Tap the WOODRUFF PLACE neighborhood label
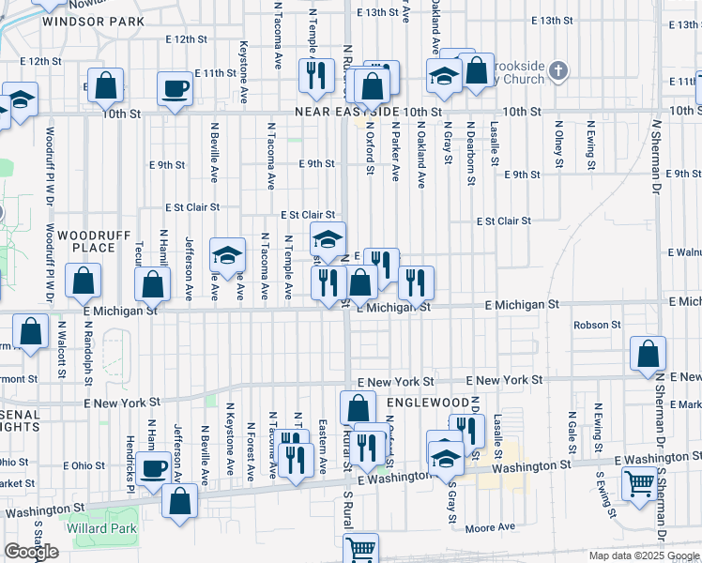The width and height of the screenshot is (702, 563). click(85, 240)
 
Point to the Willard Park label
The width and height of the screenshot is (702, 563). click(101, 528)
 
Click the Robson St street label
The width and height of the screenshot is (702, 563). click(597, 325)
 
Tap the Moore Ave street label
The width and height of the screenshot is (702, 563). click(490, 528)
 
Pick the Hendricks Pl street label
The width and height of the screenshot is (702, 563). click(130, 464)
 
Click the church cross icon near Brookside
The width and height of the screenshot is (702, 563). click(558, 70)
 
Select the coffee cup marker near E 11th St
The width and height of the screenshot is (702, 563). click(175, 88)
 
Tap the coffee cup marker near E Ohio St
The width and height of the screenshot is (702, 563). click(154, 467)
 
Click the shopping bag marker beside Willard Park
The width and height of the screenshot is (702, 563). click(179, 499)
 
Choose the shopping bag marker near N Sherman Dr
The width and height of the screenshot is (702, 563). click(648, 354)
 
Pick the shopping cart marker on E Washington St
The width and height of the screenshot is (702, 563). click(639, 484)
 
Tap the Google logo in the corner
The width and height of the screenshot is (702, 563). click(31, 552)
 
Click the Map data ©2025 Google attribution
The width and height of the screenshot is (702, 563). click(643, 555)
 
